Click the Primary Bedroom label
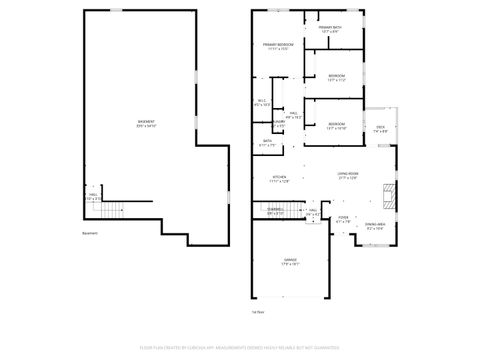276,46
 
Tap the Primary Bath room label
330,30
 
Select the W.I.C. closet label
261,101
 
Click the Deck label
380,129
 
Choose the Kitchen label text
279,179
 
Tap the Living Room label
347,176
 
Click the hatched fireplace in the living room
391,193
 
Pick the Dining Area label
375,226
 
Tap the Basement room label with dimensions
147,123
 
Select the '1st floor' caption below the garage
257,313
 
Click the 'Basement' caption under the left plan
90,235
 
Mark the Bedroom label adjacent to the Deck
336,126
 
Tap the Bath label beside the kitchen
268,143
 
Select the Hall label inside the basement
92,198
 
